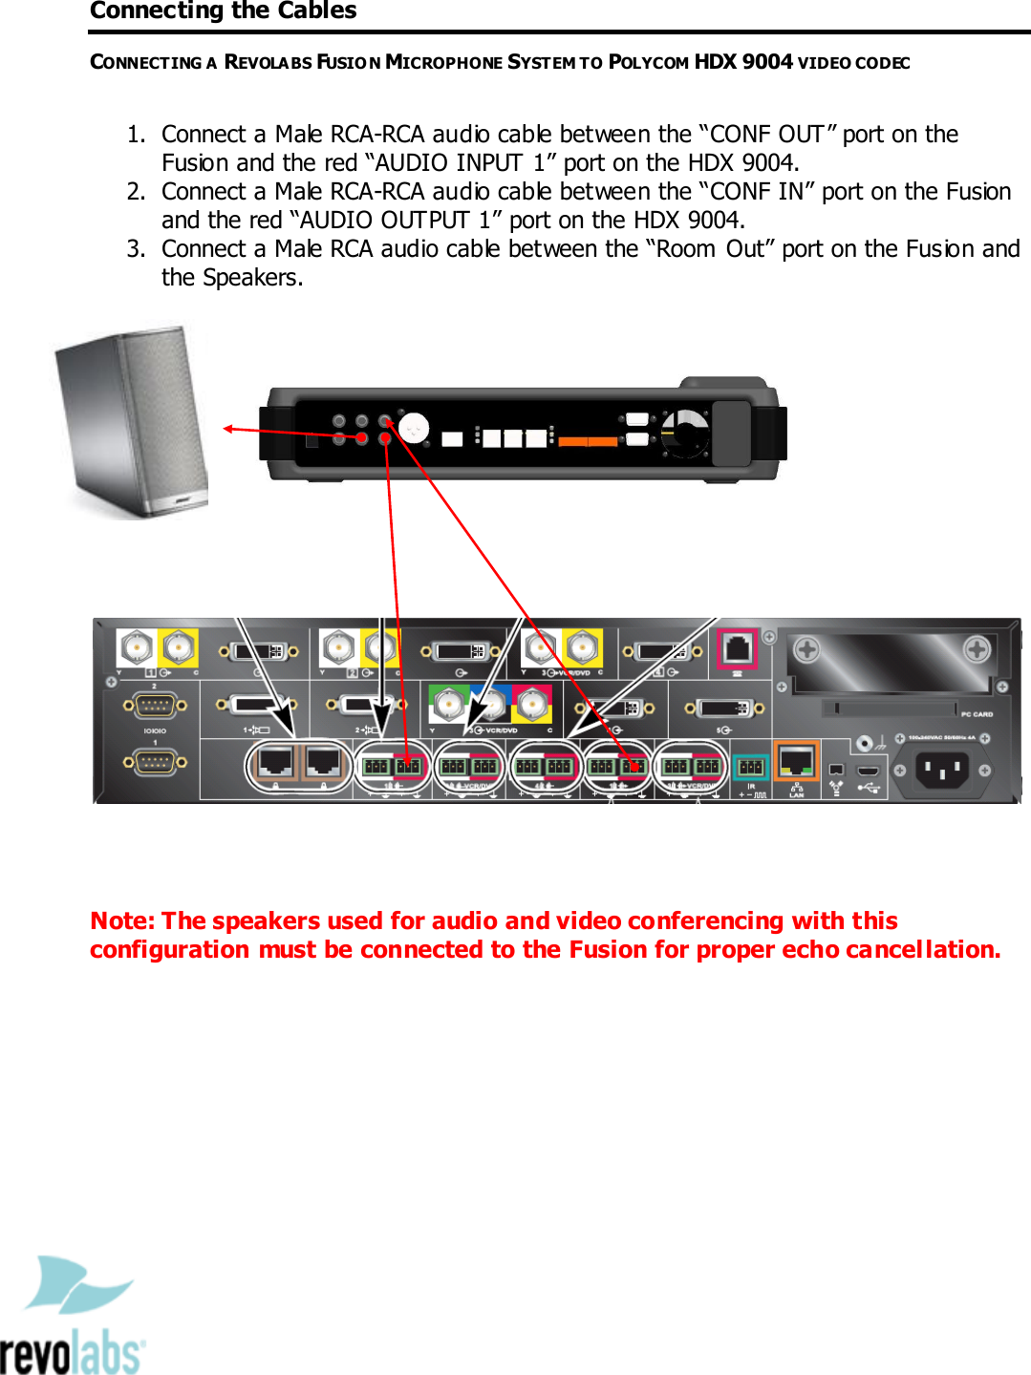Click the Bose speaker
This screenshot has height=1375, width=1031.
coord(132,423)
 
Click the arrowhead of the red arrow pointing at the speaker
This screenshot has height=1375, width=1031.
coord(228,429)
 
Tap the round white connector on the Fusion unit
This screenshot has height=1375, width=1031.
coord(413,428)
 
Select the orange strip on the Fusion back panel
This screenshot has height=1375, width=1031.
coord(588,441)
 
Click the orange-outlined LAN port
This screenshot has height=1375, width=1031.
coord(796,762)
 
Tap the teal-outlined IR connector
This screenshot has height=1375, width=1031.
coord(750,767)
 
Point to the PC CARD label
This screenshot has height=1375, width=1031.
coord(977,714)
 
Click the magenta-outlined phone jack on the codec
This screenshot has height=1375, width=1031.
coord(738,648)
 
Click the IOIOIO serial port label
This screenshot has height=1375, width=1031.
coord(155,730)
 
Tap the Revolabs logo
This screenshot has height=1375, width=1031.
coord(73,1318)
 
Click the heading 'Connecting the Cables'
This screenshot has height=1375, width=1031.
coord(223,11)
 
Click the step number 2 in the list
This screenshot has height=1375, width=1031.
coord(136,192)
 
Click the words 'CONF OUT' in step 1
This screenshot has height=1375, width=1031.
coord(766,135)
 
